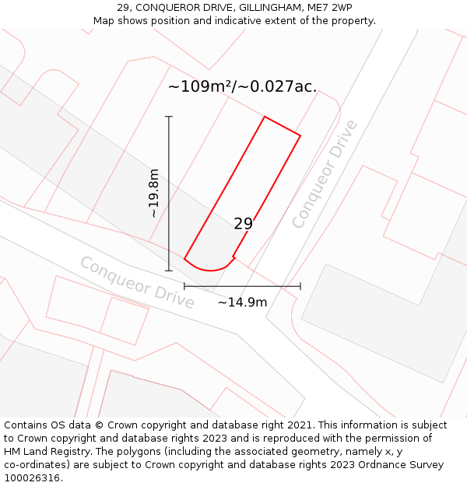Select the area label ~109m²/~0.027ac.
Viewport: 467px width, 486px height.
(242, 86)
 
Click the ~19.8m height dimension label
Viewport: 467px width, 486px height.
(154, 193)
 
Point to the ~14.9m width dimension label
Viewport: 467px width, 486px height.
(242, 302)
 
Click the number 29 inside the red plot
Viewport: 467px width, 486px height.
(244, 224)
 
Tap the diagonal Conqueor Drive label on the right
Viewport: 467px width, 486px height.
(325, 174)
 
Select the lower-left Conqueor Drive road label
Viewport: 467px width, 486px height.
(137, 282)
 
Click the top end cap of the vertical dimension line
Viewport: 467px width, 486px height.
(169, 117)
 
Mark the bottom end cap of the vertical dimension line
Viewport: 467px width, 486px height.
(169, 271)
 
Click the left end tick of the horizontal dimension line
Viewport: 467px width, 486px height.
(184, 286)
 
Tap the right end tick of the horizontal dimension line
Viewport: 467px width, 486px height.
(300, 286)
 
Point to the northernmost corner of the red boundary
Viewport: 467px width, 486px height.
(265, 117)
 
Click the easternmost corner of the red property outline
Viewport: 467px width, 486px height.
(300, 136)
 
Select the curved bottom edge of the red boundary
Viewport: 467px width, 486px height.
(209, 269)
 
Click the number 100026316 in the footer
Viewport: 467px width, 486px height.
(32, 478)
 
